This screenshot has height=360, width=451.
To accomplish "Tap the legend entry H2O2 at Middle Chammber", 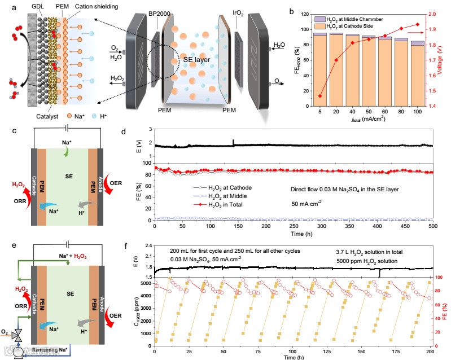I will click(347, 19).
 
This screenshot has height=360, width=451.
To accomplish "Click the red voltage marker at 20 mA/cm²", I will click(337, 60).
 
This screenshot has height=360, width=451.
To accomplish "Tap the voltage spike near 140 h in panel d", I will click(233, 141).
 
